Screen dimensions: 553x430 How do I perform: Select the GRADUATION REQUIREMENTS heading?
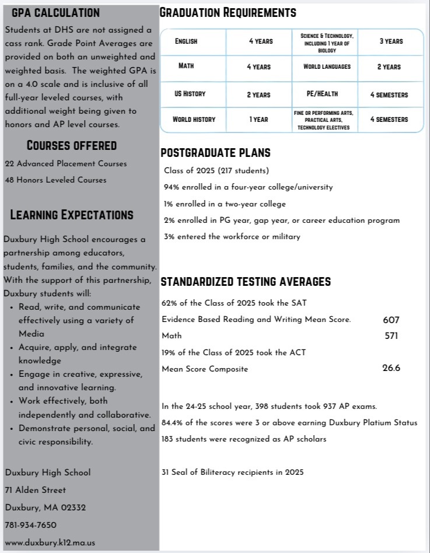[x=228, y=13]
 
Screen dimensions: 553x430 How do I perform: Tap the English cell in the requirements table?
[x=186, y=41]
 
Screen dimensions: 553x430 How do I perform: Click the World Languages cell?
[x=327, y=66]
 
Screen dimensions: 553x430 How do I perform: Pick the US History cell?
[x=190, y=94]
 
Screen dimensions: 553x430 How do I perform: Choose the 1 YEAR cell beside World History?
[x=258, y=119]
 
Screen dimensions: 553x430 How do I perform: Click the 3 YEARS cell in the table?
[x=390, y=41]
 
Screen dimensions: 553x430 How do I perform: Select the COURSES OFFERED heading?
[x=72, y=145]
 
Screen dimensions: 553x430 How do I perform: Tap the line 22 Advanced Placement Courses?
[x=65, y=164]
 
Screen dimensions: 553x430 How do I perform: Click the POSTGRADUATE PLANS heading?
[x=215, y=153]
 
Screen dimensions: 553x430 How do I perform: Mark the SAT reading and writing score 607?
[x=391, y=320]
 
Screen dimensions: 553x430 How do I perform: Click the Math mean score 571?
[x=391, y=335]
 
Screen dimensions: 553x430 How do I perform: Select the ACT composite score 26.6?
[x=391, y=368]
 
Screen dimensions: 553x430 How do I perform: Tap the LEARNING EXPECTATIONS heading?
[x=72, y=215]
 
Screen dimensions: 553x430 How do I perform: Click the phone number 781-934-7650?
[x=30, y=525]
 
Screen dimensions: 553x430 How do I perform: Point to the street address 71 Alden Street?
[x=35, y=490]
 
